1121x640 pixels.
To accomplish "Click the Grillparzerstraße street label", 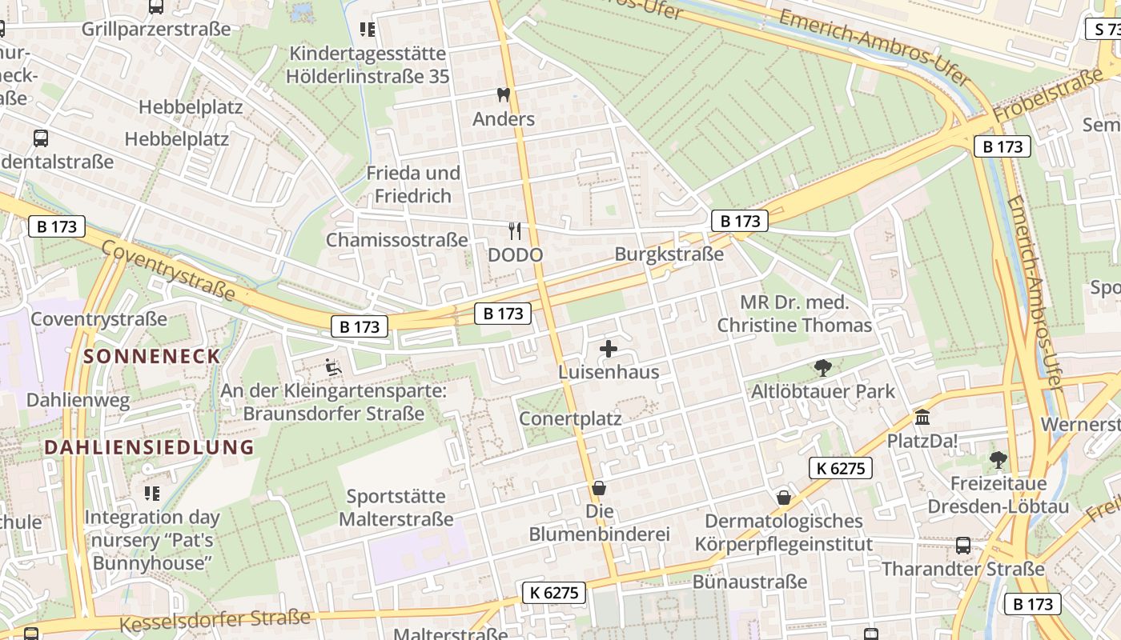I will click(156, 30).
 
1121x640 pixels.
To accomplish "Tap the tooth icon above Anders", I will click(504, 95).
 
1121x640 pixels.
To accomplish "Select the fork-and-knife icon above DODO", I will click(515, 231).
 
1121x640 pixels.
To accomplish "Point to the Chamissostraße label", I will click(396, 240).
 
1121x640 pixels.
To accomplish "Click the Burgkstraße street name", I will click(669, 254).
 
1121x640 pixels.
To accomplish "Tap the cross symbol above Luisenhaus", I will click(609, 349).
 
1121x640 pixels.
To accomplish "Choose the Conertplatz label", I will click(570, 419).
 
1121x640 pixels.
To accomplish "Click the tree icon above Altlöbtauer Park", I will click(822, 368).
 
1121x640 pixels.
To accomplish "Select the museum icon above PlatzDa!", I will click(922, 418).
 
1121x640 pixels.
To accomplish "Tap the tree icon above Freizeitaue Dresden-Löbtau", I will click(998, 459).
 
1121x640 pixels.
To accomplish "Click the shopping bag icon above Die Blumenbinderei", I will click(598, 487).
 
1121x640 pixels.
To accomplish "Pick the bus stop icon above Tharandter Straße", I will click(963, 546).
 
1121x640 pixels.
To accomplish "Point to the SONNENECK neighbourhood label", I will click(151, 357).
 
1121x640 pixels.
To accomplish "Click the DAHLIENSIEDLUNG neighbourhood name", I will click(149, 447).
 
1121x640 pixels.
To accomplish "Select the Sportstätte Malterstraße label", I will click(396, 508).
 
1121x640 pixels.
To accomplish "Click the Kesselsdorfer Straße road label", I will click(215, 620).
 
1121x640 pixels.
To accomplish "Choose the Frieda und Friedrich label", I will click(413, 184).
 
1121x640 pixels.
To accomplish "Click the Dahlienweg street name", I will click(78, 400).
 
